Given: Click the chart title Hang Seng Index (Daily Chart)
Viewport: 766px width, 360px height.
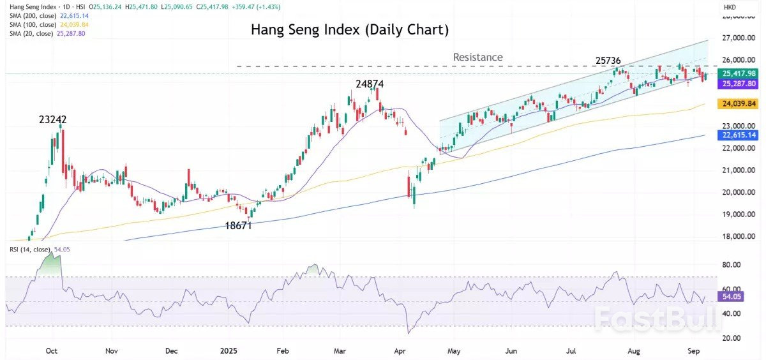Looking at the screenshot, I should (349, 29).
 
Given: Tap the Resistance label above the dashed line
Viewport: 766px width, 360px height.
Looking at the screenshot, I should (477, 57).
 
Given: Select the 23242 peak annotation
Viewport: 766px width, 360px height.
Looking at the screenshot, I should (52, 119).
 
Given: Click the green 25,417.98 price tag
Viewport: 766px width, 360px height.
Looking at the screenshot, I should (738, 74).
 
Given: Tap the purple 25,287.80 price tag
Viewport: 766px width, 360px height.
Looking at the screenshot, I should (738, 84).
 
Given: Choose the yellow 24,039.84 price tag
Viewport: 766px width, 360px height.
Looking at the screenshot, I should (738, 103).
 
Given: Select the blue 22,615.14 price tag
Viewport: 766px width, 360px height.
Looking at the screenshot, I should (738, 135).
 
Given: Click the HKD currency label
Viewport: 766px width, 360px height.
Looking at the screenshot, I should (730, 7).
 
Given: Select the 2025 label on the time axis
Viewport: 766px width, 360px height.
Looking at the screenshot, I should (229, 351).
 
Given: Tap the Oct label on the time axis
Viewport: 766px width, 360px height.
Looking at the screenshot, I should (52, 351).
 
